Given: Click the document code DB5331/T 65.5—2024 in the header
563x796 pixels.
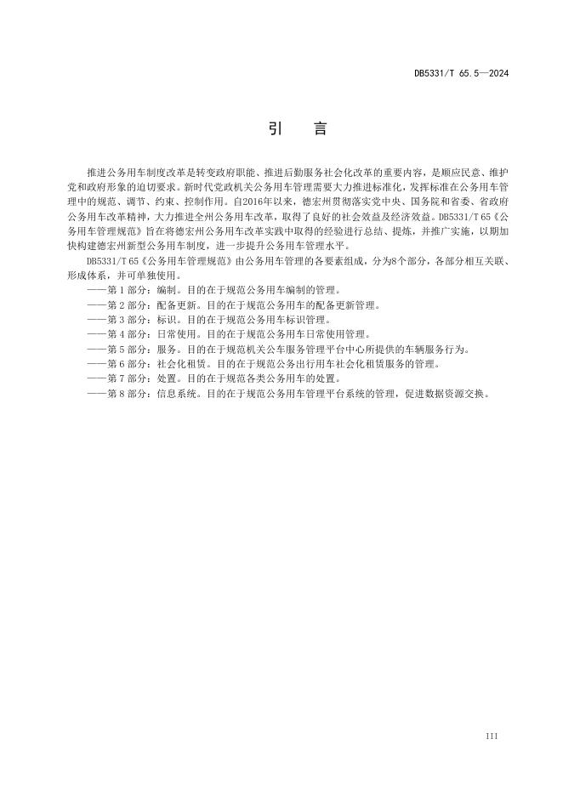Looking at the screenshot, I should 461,74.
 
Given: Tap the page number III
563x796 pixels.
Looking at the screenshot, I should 492,734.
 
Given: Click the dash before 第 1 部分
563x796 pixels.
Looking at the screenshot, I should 96,290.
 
